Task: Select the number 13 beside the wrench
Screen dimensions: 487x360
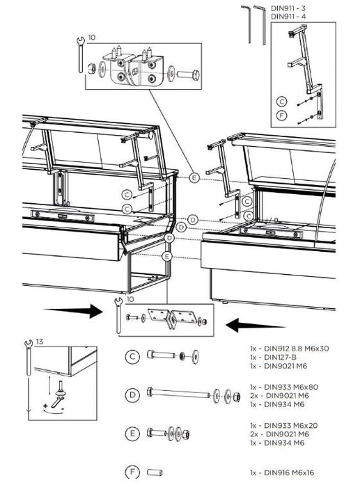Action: [x=40, y=342]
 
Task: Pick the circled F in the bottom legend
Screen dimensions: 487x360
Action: [x=130, y=472]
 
